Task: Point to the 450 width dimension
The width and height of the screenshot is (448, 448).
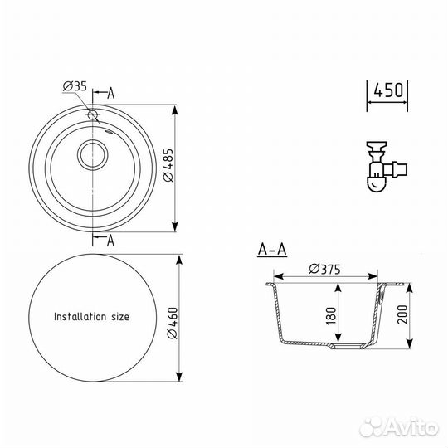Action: click(x=387, y=90)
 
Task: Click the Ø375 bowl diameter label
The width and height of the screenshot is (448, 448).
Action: click(x=324, y=268)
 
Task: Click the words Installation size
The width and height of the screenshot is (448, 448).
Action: click(x=91, y=316)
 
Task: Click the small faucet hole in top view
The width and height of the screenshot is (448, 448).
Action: click(x=92, y=114)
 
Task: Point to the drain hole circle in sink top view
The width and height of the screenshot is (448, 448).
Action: click(x=92, y=153)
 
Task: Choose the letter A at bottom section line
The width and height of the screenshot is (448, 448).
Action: click(x=112, y=241)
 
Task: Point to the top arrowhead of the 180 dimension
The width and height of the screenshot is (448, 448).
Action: click(x=338, y=287)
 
